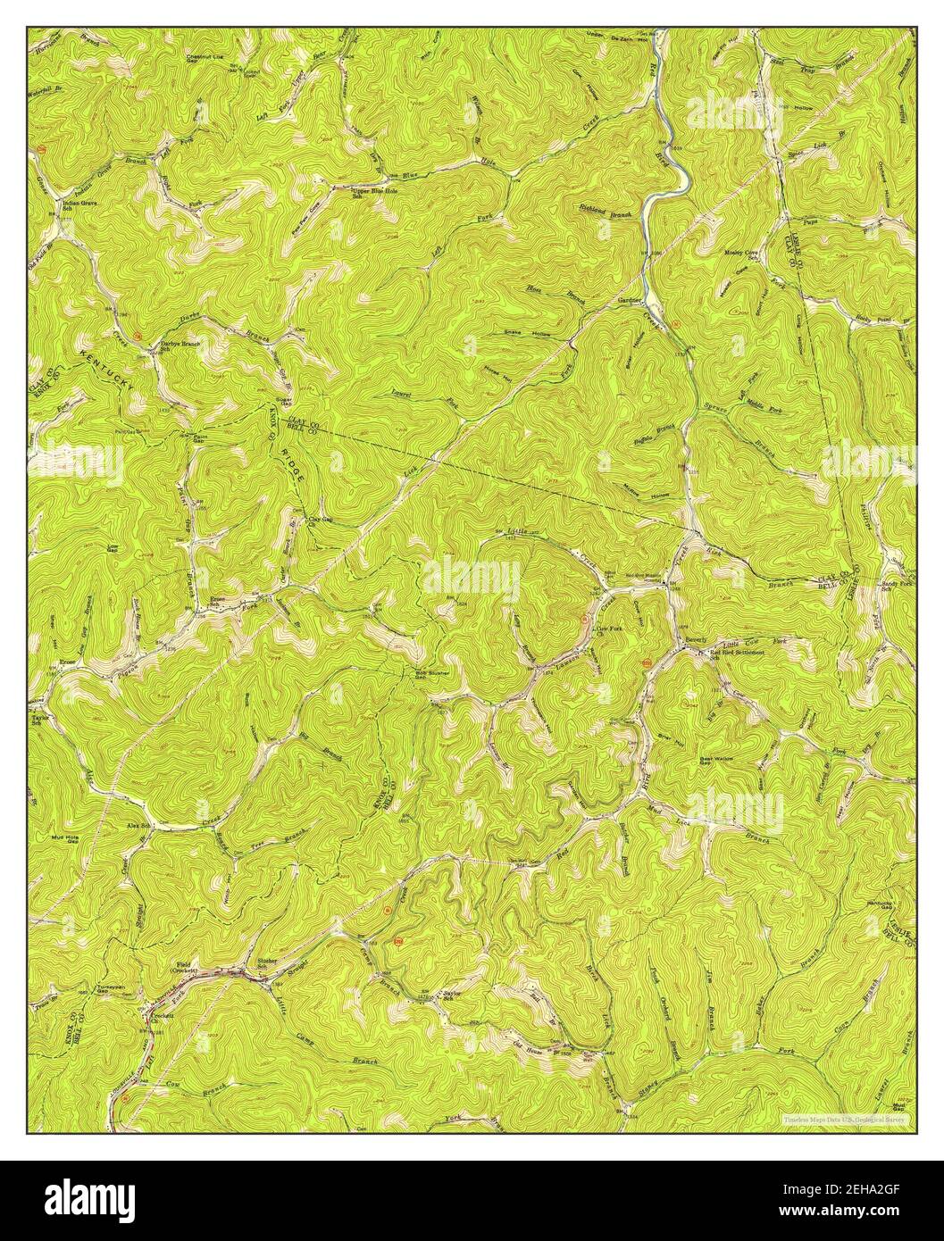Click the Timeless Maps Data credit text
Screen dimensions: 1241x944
point(844,1119)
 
